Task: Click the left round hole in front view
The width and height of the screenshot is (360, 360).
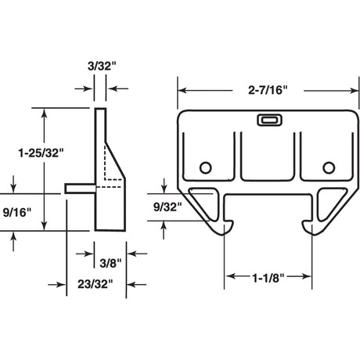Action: pos(205,167)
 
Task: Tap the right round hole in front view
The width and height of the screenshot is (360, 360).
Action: pos(328,167)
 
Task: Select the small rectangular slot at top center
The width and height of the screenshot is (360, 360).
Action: pos(267,121)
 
